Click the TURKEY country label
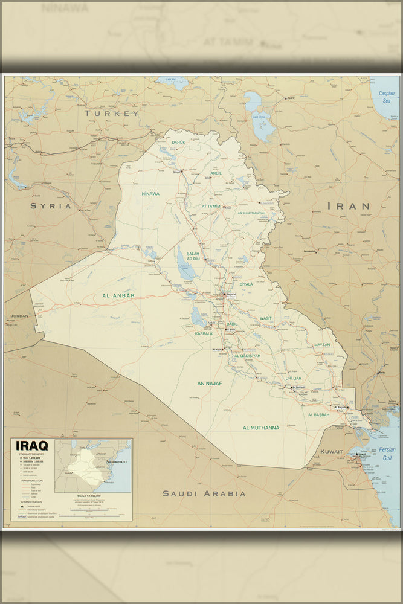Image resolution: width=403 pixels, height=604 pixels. click(x=112, y=113)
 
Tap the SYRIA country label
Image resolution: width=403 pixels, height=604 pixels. click(x=51, y=206)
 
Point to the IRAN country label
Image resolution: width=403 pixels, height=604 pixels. click(x=349, y=206)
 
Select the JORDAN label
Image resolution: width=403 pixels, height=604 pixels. click(x=19, y=316)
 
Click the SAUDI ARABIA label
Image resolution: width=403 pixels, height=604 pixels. click(x=204, y=493)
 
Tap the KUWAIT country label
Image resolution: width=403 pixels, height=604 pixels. click(x=332, y=451)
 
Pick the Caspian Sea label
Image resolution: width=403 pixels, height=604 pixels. click(x=386, y=97)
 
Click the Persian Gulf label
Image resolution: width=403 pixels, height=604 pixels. click(x=387, y=454)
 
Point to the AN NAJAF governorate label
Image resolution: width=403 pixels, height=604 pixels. click(x=210, y=384)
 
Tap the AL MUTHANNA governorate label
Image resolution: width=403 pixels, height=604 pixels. click(x=261, y=428)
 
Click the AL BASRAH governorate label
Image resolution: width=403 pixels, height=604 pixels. click(x=318, y=415)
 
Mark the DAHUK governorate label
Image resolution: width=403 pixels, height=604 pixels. click(x=179, y=143)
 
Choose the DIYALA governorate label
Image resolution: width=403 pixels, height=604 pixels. click(x=246, y=284)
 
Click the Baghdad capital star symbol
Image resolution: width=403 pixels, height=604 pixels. click(x=224, y=295)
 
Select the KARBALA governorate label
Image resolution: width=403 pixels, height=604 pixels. click(x=204, y=333)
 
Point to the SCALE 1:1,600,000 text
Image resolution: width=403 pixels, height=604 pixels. click(x=85, y=496)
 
